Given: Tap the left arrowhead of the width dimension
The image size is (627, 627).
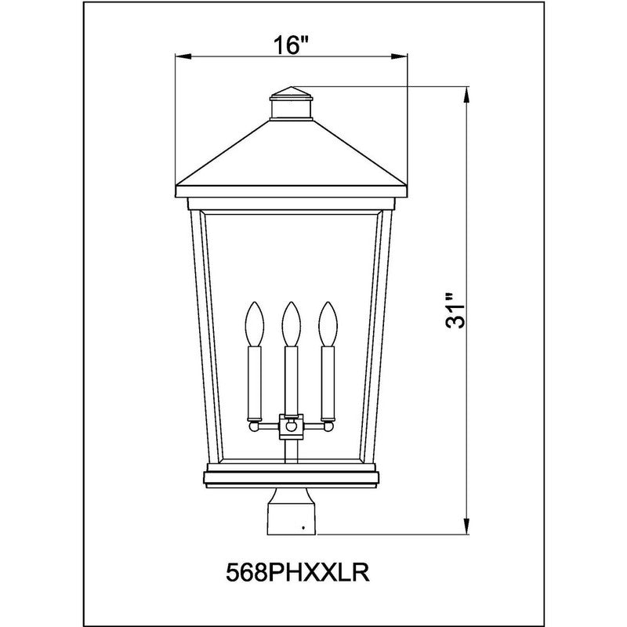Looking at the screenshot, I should pos(182,56).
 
